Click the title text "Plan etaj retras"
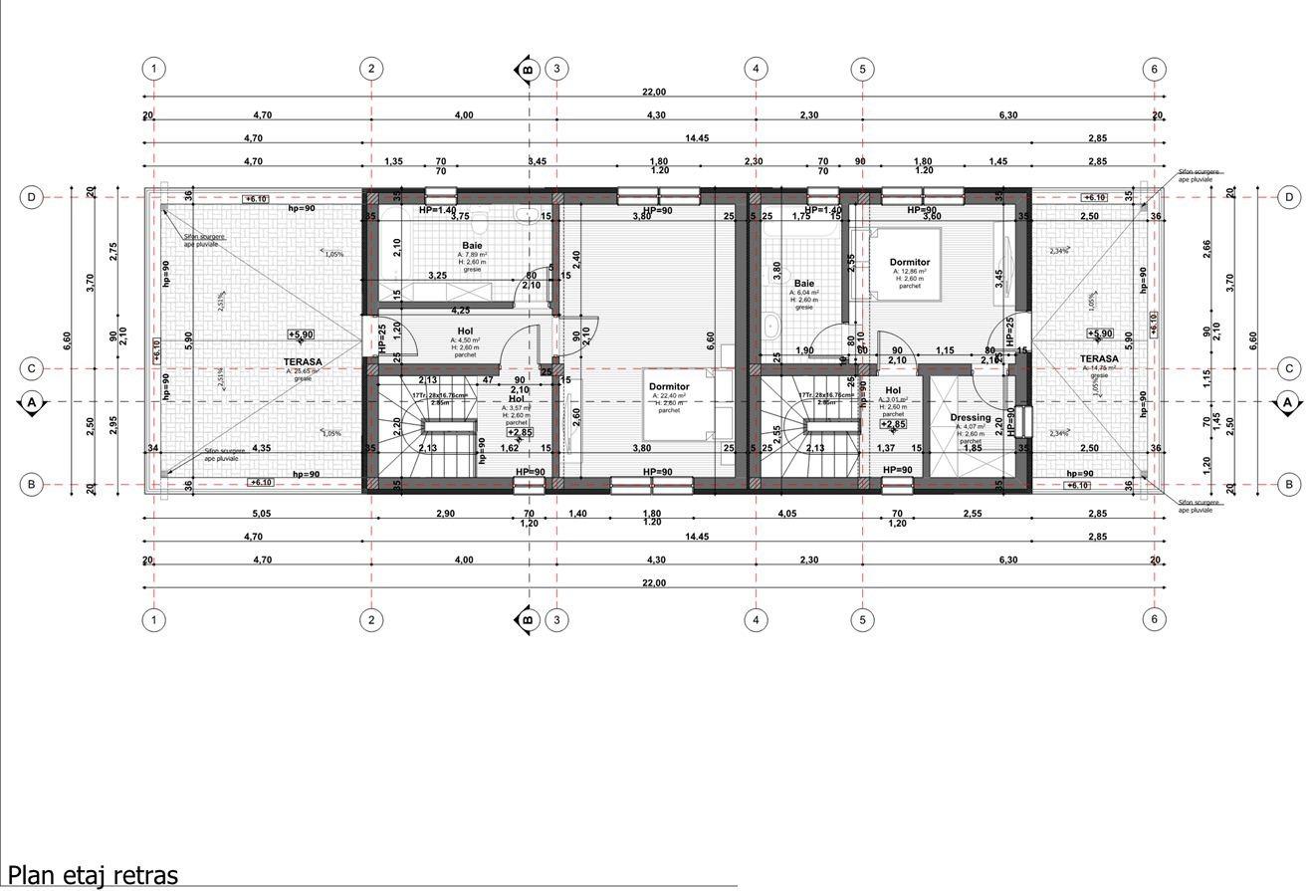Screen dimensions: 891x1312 93,876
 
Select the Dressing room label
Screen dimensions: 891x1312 970,418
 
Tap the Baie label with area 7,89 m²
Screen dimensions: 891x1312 472,245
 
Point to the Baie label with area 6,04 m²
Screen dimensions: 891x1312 803,284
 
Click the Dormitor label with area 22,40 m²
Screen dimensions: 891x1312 669,387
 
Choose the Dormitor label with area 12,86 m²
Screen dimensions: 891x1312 909,263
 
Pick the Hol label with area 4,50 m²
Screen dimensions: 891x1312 465,332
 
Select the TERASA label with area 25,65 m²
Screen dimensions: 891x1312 303,362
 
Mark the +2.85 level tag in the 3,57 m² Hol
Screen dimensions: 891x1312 520,433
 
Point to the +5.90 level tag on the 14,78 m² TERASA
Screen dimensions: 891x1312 1099,334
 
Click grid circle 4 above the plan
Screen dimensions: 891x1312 757,69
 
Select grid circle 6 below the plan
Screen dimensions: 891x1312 1155,619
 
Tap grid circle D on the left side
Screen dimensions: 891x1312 32,197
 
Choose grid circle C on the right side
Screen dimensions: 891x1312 1289,368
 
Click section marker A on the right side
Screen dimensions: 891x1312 1288,402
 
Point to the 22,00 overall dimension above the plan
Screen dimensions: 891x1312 653,93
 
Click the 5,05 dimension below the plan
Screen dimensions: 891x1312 261,514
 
